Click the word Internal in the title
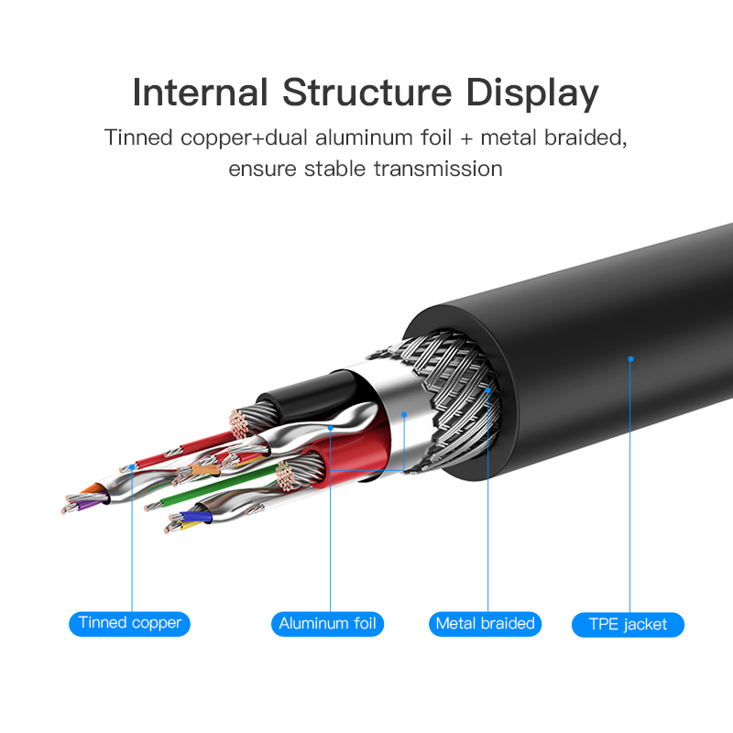click(x=199, y=93)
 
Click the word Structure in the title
click(x=366, y=93)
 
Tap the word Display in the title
click(x=532, y=93)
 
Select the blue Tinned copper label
click(x=130, y=624)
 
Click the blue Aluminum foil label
click(x=327, y=624)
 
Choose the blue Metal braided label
click(x=485, y=624)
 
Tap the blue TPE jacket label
click(x=629, y=625)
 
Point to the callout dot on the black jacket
click(x=630, y=358)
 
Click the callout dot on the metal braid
click(x=488, y=389)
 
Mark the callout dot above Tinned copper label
click(x=133, y=465)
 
